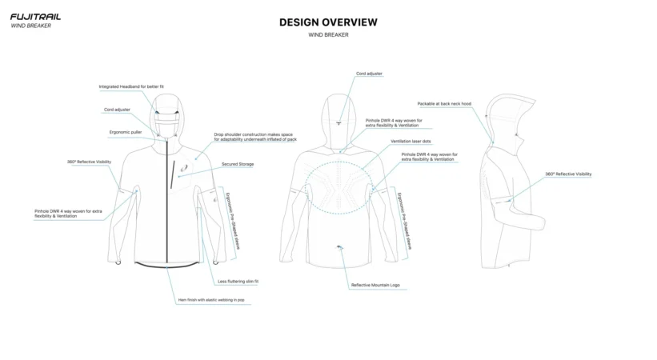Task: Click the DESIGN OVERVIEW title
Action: [x=328, y=22]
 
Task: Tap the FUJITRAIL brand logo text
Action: [x=35, y=17]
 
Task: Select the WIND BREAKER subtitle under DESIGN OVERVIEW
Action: [x=328, y=34]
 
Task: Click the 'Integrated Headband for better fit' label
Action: [x=131, y=86]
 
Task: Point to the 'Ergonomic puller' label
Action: [x=126, y=132]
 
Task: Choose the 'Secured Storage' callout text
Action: [x=238, y=164]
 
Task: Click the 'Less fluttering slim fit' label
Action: [x=238, y=282]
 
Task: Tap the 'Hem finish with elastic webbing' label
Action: [x=211, y=300]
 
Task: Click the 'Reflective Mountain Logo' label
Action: [x=375, y=285]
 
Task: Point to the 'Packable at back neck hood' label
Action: [x=444, y=103]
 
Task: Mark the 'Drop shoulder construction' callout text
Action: [x=255, y=137]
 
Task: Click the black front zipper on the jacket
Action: [x=168, y=208]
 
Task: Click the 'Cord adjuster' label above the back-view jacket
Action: [x=369, y=74]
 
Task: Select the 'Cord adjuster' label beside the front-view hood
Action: [x=117, y=110]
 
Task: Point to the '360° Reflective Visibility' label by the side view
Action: [x=568, y=174]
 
